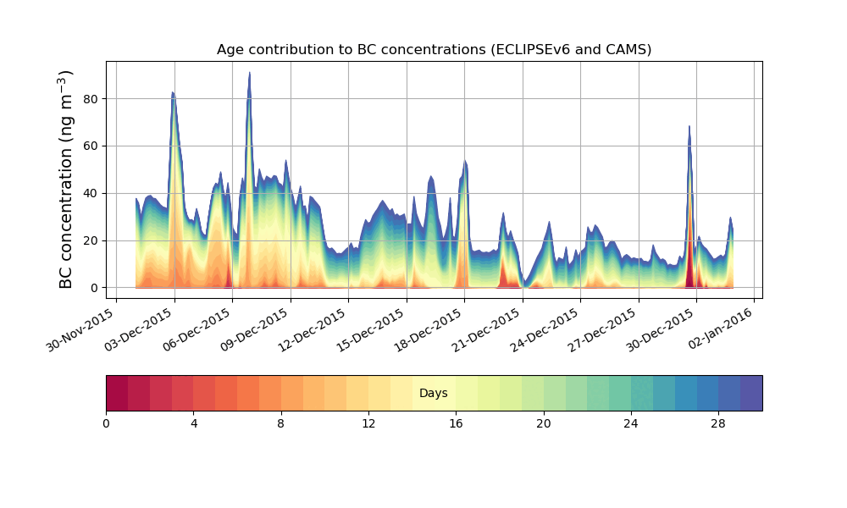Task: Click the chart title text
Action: pos(434,49)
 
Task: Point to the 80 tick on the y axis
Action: pos(90,99)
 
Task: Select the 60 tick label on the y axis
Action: pos(90,146)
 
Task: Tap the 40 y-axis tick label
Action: pos(90,193)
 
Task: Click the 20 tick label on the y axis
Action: pos(90,240)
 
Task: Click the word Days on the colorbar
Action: pos(434,394)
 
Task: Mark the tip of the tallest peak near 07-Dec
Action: pos(249,73)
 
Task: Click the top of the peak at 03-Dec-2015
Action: pos(173,92)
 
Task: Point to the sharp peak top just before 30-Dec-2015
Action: pos(689,126)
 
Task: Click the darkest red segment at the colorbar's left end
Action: pos(117,393)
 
